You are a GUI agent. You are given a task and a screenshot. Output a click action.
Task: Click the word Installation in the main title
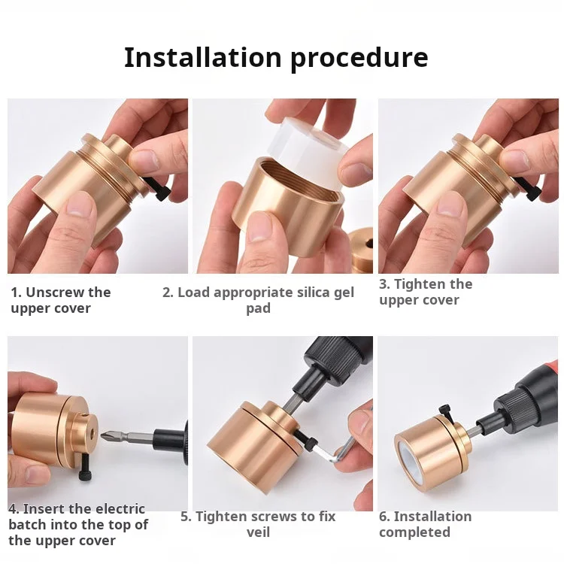click(x=202, y=58)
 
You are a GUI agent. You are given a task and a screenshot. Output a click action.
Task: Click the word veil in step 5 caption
click(x=258, y=532)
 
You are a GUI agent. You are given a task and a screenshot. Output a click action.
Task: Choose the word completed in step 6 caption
click(x=414, y=532)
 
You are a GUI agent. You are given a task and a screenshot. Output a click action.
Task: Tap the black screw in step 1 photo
click(x=157, y=188)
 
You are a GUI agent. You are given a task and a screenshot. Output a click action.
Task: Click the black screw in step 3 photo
click(x=528, y=187)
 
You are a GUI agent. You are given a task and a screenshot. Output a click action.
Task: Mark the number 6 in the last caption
click(x=384, y=517)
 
